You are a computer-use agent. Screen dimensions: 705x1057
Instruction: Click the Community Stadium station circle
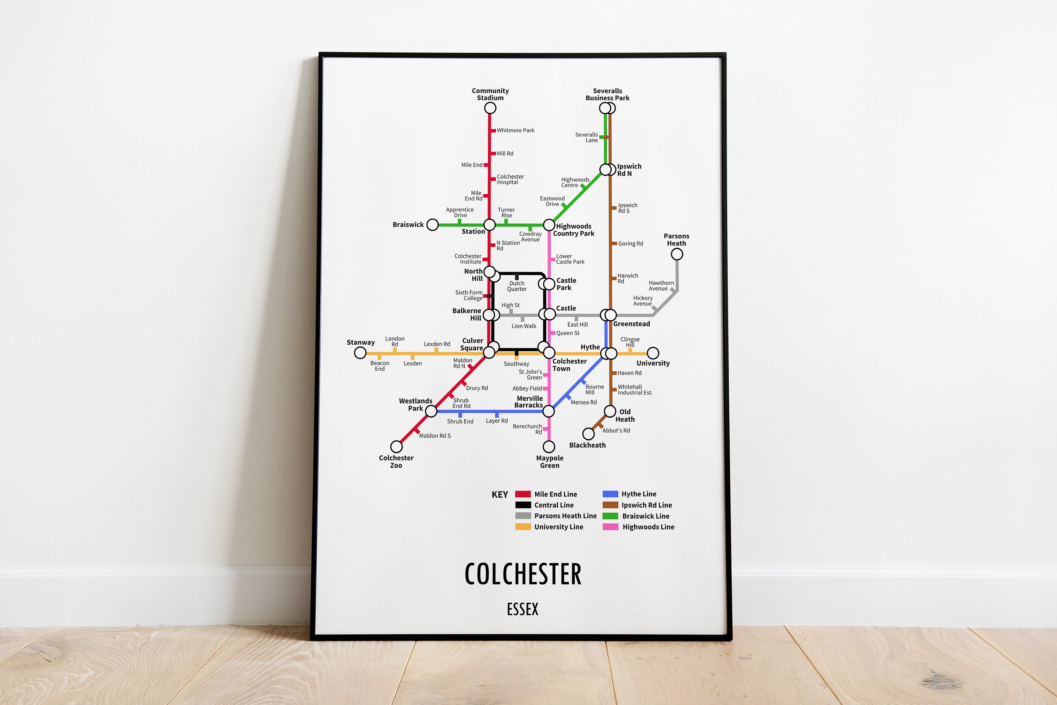tap(490, 108)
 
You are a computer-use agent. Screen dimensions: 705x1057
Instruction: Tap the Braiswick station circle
tap(432, 224)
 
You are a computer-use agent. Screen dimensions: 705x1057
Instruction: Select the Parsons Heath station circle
tap(676, 254)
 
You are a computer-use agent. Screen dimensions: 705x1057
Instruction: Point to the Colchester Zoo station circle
tap(396, 447)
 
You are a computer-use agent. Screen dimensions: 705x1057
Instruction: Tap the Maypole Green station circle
tap(549, 447)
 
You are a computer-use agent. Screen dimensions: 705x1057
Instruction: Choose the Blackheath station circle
tap(588, 434)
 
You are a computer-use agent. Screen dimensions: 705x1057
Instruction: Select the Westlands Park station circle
tap(431, 411)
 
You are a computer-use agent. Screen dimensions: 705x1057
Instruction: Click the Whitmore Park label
tap(515, 130)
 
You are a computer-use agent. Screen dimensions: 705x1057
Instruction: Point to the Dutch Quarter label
tap(517, 286)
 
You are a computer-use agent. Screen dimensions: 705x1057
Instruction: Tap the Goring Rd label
tap(630, 244)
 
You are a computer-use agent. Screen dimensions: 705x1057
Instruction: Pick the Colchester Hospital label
tap(510, 179)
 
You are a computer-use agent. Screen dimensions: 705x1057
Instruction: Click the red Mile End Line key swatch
tap(523, 494)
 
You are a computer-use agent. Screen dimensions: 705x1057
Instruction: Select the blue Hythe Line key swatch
tap(610, 494)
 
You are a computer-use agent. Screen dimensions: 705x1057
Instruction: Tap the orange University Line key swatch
tap(523, 526)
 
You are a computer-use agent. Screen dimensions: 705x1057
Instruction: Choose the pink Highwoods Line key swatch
tap(610, 526)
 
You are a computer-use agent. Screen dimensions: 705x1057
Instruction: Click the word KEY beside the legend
tap(499, 494)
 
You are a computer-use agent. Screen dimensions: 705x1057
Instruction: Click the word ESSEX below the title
tap(522, 609)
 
